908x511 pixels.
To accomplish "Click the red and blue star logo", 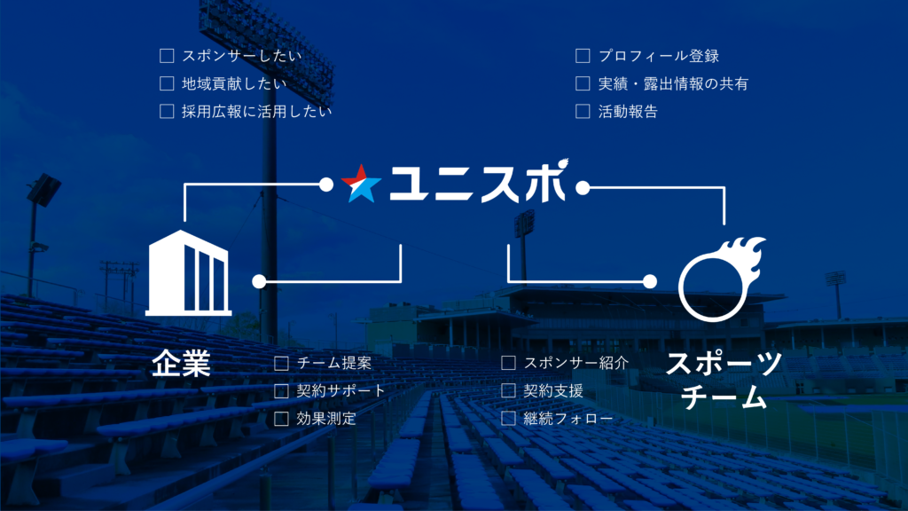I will click(362, 183).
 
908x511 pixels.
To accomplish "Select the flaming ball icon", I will click(721, 278).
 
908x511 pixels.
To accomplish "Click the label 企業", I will click(181, 364).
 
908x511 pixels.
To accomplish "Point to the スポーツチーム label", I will click(724, 380).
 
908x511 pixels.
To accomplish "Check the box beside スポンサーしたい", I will click(167, 56).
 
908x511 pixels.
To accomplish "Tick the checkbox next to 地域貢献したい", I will click(167, 83).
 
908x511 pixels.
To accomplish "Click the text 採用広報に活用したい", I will click(257, 111).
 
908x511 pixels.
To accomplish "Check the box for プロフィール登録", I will click(583, 56).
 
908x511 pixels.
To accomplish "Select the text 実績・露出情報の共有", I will click(673, 83).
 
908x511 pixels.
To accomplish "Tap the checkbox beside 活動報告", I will click(583, 111).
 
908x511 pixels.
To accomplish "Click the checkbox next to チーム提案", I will click(281, 363).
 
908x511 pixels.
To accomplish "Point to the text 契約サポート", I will click(341, 390).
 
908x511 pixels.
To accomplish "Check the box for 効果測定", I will click(281, 418).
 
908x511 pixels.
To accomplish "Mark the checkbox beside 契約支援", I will click(508, 390).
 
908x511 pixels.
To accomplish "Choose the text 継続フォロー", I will click(567, 418).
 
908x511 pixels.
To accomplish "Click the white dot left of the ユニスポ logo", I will click(326, 185).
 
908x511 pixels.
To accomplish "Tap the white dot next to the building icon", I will click(259, 282).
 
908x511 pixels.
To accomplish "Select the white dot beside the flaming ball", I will click(649, 282).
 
